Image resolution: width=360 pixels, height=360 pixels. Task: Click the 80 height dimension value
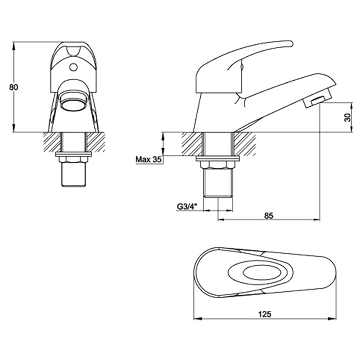click(x=14, y=87)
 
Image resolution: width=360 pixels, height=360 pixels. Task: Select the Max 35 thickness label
click(x=148, y=159)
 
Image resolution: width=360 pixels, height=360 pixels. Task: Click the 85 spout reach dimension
click(x=268, y=215)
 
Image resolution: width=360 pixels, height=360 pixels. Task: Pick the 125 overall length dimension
click(x=265, y=314)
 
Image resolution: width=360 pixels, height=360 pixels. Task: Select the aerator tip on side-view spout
click(x=318, y=101)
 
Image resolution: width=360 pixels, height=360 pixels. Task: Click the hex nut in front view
click(x=74, y=159)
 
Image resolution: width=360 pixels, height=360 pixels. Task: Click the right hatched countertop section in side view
click(x=245, y=143)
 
